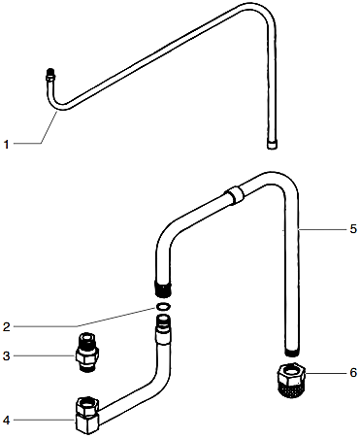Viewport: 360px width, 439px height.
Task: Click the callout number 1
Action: tap(6, 145)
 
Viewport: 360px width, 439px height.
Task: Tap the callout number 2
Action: tap(6, 324)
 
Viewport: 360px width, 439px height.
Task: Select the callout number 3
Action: tap(6, 356)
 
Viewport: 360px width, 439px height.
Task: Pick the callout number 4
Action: tap(6, 420)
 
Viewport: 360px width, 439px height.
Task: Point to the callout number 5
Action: tap(353, 229)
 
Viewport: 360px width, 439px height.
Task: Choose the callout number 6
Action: tap(353, 373)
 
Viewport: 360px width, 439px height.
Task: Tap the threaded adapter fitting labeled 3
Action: tap(84, 352)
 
